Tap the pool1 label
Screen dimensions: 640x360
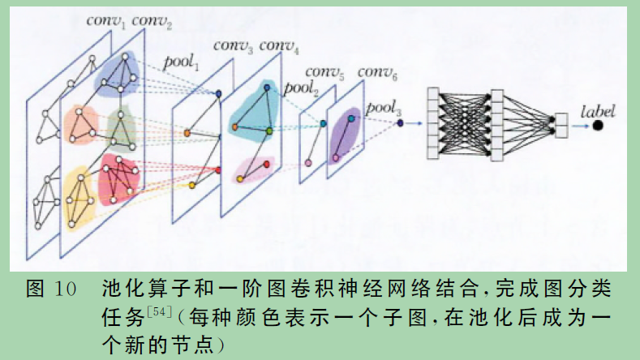pyautogui.click(x=181, y=62)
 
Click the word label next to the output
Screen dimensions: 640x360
pyautogui.click(x=598, y=109)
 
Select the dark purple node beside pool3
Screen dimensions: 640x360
pyautogui.click(x=401, y=123)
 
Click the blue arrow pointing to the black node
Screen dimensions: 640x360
pyautogui.click(x=578, y=125)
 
